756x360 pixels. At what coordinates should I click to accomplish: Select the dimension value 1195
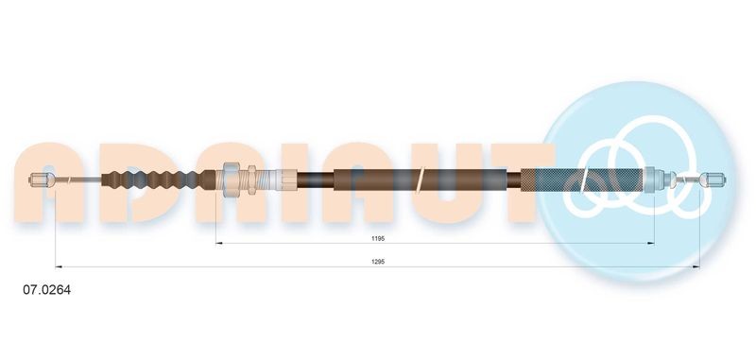(378, 239)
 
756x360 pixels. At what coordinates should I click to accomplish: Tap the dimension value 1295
(378, 262)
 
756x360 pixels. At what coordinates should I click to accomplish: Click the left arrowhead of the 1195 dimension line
(219, 244)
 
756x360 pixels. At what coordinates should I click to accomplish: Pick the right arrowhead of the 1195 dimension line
(652, 244)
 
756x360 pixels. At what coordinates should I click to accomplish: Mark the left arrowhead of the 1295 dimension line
(59, 266)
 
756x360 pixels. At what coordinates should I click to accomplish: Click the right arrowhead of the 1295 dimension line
(696, 266)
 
